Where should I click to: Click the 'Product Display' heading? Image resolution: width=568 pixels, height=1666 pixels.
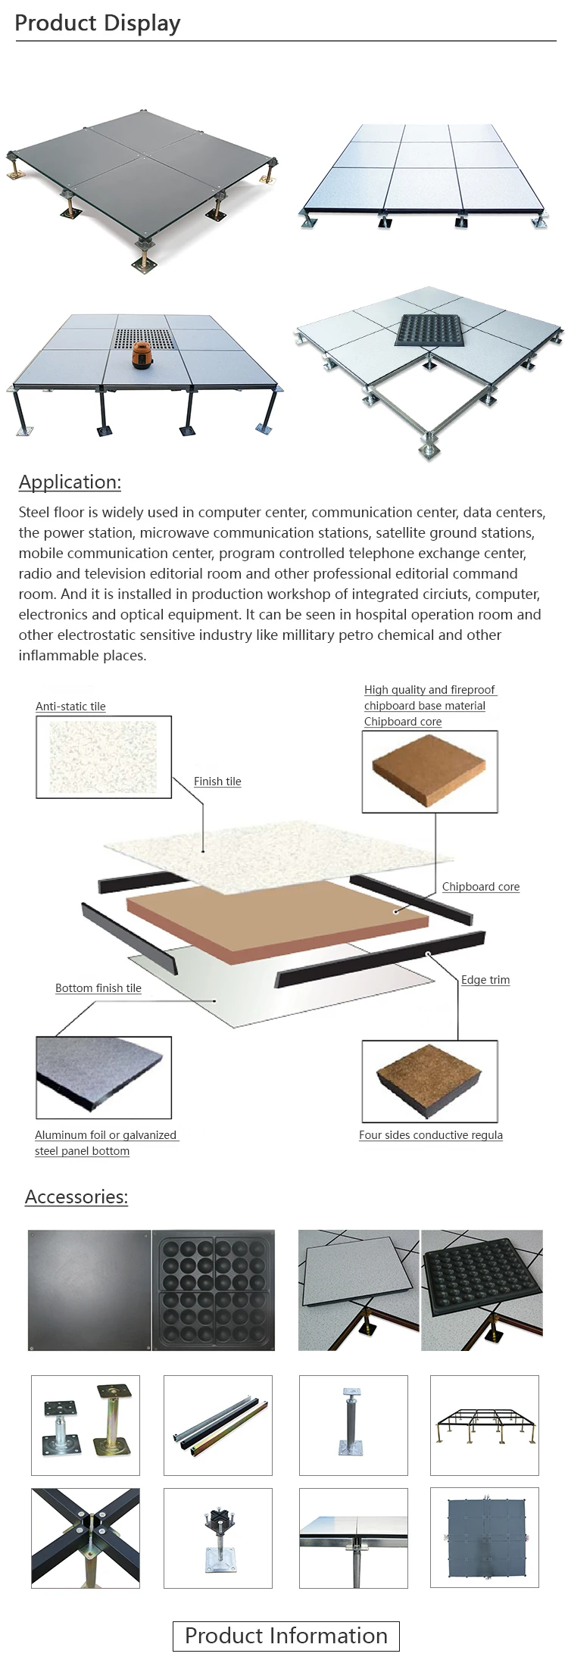98,23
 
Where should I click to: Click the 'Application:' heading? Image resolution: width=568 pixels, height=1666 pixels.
70,482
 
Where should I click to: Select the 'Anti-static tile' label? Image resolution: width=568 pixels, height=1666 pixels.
70,707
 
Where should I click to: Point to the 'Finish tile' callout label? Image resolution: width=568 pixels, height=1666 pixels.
217,782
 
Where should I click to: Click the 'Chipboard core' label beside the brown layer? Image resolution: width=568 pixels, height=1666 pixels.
481,887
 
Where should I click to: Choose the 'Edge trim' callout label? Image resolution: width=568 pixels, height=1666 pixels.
485,980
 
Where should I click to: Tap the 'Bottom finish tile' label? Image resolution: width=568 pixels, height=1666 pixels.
98,988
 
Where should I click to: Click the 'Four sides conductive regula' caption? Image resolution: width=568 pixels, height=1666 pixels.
431,1135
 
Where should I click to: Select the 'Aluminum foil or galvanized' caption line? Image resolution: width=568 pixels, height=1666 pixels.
106,1135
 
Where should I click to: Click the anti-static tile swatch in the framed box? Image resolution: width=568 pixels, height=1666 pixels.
104,757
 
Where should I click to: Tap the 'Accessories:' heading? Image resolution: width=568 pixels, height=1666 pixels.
76,1196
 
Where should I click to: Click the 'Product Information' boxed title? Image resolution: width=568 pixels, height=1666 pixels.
286,1636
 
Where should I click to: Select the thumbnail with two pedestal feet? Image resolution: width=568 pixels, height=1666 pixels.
86,1425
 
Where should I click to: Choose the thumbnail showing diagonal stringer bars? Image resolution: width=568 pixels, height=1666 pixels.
218,1425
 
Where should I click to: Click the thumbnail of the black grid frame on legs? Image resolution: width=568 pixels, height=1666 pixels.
485,1425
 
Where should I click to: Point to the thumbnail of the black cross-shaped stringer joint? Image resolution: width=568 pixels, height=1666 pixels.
86,1538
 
